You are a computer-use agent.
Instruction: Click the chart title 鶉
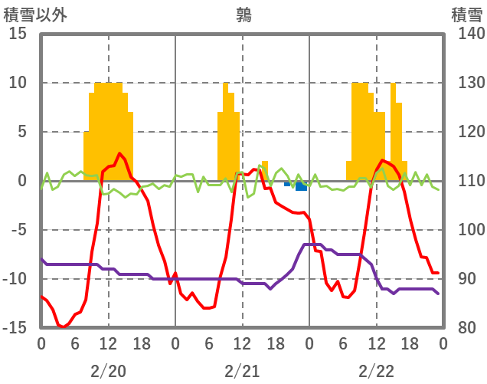(x=243, y=15)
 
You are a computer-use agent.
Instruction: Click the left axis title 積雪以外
(x=34, y=15)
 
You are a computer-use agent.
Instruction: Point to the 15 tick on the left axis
(x=18, y=34)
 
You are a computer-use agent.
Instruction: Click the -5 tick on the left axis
(x=18, y=230)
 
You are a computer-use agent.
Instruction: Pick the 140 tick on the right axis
(x=466, y=34)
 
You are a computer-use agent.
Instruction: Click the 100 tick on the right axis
(x=466, y=230)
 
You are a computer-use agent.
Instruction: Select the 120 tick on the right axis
(x=466, y=132)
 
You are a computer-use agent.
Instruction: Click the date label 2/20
(x=108, y=371)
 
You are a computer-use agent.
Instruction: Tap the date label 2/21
(x=242, y=371)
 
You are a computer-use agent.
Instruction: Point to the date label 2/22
(x=376, y=371)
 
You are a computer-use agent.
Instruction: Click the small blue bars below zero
(x=300, y=185)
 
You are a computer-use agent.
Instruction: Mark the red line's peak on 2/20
(x=119, y=154)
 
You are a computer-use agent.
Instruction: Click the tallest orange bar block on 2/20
(x=108, y=130)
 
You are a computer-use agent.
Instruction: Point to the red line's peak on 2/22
(x=382, y=160)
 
